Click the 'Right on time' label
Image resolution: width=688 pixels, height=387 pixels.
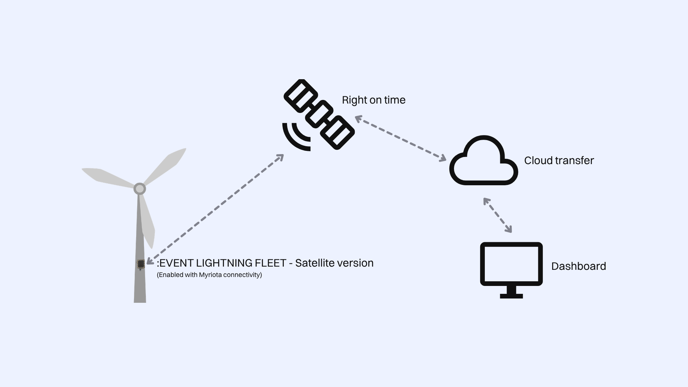pos(373,100)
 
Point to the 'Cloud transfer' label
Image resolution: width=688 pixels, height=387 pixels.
pos(559,161)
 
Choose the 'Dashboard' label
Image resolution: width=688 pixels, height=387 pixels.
pos(578,266)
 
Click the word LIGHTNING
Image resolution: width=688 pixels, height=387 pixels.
pos(224,263)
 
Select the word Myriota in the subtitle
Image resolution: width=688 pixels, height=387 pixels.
pos(210,275)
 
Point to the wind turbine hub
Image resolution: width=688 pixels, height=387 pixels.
pos(139,188)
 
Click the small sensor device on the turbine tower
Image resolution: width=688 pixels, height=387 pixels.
pos(140,264)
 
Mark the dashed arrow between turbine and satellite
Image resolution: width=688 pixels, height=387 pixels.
pos(215,209)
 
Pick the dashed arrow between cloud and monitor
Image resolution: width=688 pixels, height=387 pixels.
pos(497,215)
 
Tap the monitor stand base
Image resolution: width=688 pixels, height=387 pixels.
pos(511,296)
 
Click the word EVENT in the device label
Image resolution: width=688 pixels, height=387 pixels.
pos(175,263)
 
